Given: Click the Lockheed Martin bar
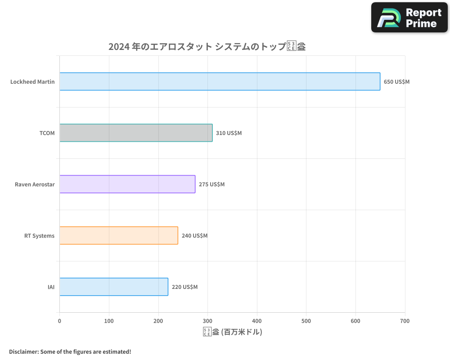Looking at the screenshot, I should tap(220, 81).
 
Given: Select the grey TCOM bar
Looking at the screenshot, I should tap(135, 133).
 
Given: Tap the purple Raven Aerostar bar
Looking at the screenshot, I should tap(127, 184).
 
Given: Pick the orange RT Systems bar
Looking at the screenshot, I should tap(118, 235).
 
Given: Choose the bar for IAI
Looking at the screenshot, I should tap(113, 287).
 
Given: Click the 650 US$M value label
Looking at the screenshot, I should tap(396, 82).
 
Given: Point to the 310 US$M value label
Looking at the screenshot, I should tap(229, 133).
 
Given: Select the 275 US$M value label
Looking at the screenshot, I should tap(211, 184).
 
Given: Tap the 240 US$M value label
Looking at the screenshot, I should tap(194, 236).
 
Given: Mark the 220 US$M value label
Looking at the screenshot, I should tap(184, 287).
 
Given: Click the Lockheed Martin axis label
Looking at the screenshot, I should tap(32, 82).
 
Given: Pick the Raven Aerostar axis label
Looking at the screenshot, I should tap(35, 184).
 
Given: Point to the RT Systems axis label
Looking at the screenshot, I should tap(39, 236).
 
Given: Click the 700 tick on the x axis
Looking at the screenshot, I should tap(405, 321).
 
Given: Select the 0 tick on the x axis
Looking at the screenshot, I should tap(59, 321).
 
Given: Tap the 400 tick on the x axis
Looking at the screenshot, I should tap(257, 321).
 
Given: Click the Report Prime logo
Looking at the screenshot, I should tap(409, 18).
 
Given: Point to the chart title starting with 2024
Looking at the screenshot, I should tap(207, 46).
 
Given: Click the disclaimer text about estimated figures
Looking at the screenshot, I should tap(70, 351).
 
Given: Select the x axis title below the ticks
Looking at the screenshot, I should tap(232, 332).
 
